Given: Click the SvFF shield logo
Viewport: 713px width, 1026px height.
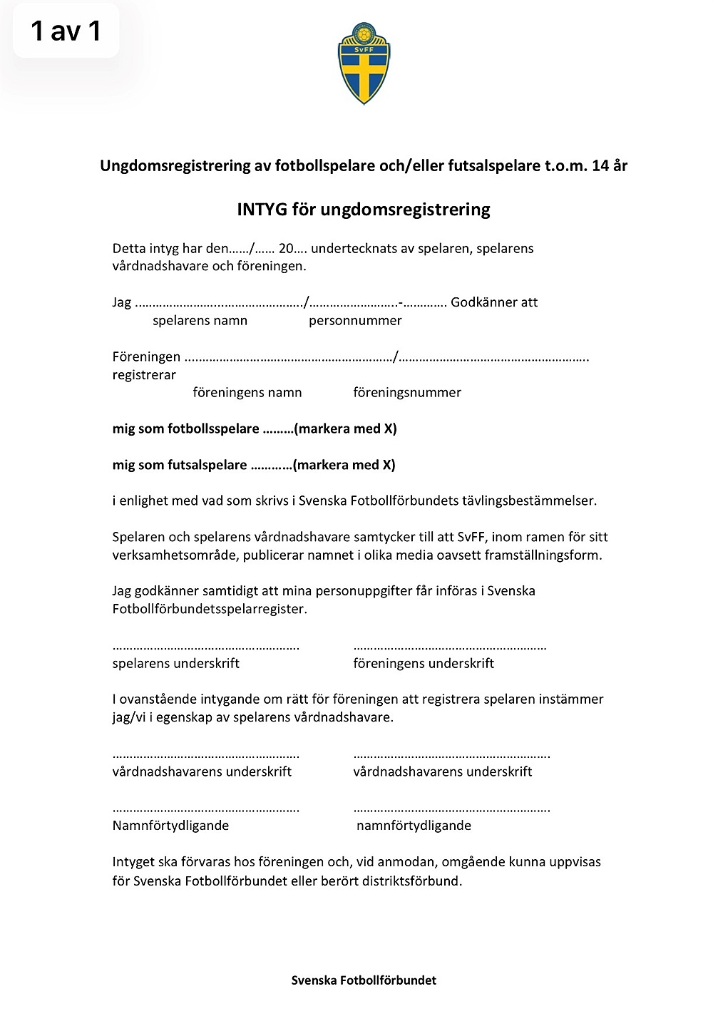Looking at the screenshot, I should click(x=364, y=63).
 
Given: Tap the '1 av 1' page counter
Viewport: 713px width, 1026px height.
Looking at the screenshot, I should click(x=66, y=31).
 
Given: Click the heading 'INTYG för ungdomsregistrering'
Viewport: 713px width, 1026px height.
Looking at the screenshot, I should click(x=364, y=210).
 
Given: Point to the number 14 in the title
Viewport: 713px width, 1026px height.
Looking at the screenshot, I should click(x=600, y=166).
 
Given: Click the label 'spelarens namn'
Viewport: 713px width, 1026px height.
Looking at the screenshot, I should click(x=200, y=321).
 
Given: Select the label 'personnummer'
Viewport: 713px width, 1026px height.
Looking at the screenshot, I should click(x=355, y=321).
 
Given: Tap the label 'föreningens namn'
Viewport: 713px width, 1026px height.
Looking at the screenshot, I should click(x=247, y=393).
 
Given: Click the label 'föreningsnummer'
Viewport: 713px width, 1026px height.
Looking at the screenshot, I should click(x=407, y=393).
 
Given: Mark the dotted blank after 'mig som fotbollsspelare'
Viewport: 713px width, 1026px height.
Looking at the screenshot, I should click(x=278, y=430).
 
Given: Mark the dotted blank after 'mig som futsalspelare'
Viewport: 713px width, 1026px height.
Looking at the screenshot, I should click(x=270, y=466).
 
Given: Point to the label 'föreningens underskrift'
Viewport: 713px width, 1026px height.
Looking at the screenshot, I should click(x=424, y=664).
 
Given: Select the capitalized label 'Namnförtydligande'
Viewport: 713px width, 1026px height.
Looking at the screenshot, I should click(x=170, y=826).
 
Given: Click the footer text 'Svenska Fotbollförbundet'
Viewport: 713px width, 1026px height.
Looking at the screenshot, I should click(x=364, y=980).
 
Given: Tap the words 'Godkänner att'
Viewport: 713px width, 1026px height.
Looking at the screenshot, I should click(x=494, y=302).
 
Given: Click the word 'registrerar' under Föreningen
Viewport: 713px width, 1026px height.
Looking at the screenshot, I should click(x=144, y=375).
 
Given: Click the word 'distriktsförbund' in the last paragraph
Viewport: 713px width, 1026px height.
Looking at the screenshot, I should click(x=414, y=881).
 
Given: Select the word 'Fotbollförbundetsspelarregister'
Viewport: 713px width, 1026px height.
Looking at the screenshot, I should click(x=209, y=610).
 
